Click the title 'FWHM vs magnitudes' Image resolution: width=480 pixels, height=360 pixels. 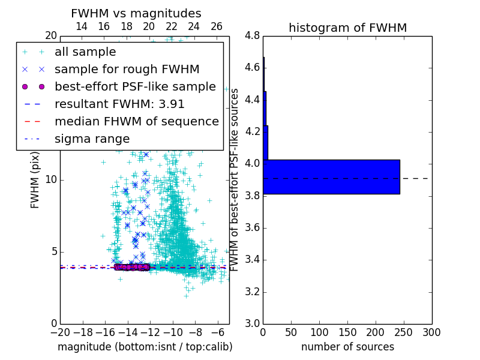pos(136,13)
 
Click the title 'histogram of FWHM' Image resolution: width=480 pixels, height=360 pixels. pos(347,28)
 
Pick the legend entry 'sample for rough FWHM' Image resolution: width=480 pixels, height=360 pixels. pos(127,69)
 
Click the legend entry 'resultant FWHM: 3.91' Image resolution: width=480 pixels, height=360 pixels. pos(119,104)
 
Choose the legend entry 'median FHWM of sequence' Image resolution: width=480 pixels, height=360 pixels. pos(136,121)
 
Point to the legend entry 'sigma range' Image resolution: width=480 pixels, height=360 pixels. pos(92,139)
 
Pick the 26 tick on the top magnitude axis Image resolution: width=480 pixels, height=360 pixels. pos(217,26)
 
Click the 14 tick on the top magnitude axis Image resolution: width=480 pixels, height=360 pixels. pos(82,26)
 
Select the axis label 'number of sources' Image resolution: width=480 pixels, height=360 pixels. pos(347,347)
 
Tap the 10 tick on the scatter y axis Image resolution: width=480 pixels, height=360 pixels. pos(51,180)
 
